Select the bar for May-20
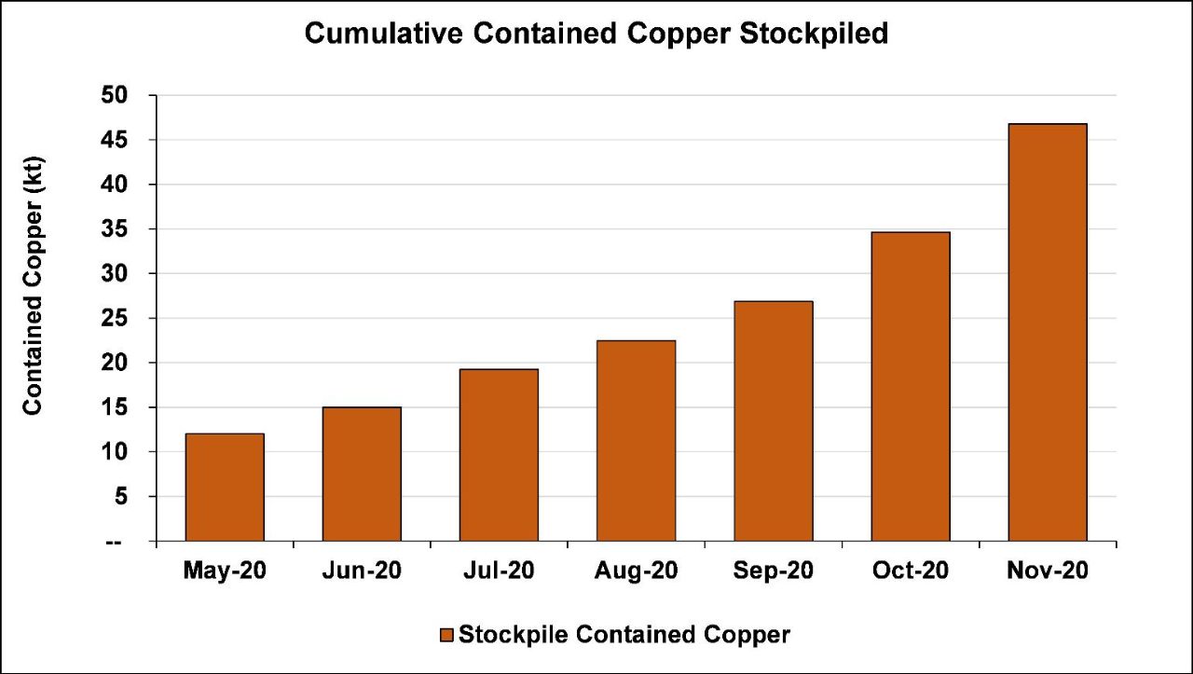(225, 487)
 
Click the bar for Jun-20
(362, 474)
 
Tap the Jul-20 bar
(499, 455)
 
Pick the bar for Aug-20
(636, 440)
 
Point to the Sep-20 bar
(773, 420)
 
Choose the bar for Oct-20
(910, 386)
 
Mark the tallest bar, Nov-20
(1047, 332)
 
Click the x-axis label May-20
(225, 571)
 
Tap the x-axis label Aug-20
(636, 571)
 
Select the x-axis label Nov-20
(1047, 571)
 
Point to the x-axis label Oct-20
(910, 571)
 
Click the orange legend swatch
(446, 636)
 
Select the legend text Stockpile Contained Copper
(624, 636)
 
